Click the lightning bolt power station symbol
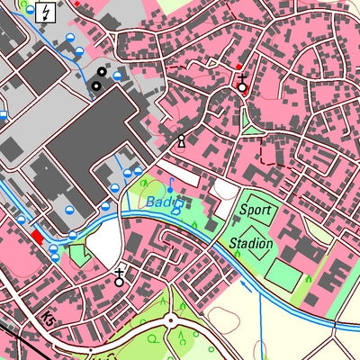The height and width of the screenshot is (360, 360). tap(47, 12)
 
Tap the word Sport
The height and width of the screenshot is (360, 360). tap(255, 211)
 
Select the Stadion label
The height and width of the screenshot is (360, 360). tap(250, 243)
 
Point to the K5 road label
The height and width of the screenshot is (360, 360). tap(48, 319)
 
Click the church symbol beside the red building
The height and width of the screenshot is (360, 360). tap(241, 85)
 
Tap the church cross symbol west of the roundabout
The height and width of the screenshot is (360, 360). tap(119, 278)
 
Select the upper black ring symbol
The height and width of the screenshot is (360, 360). tap(102, 71)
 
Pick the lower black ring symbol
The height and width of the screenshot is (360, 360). tap(94, 85)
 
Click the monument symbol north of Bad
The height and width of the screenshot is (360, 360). tap(182, 140)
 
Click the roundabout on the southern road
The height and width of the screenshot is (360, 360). tap(169, 319)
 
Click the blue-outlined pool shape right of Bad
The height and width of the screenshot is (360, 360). tap(178, 206)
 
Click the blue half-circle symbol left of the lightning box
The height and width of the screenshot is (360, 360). tap(31, 11)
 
